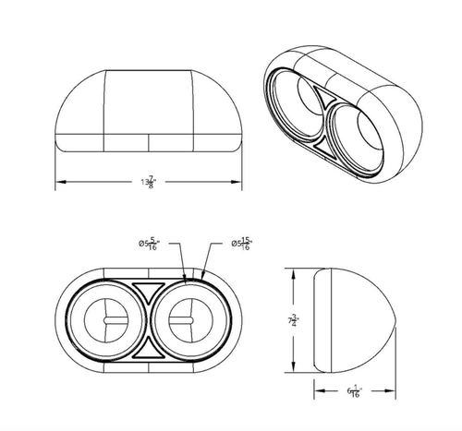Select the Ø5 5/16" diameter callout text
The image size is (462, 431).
coord(149,244)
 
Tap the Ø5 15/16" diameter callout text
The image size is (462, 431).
coord(243,244)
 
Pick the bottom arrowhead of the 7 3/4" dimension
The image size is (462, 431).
coord(295,368)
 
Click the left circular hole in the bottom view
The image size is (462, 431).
coord(106,319)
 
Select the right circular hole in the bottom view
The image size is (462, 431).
coord(189,319)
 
